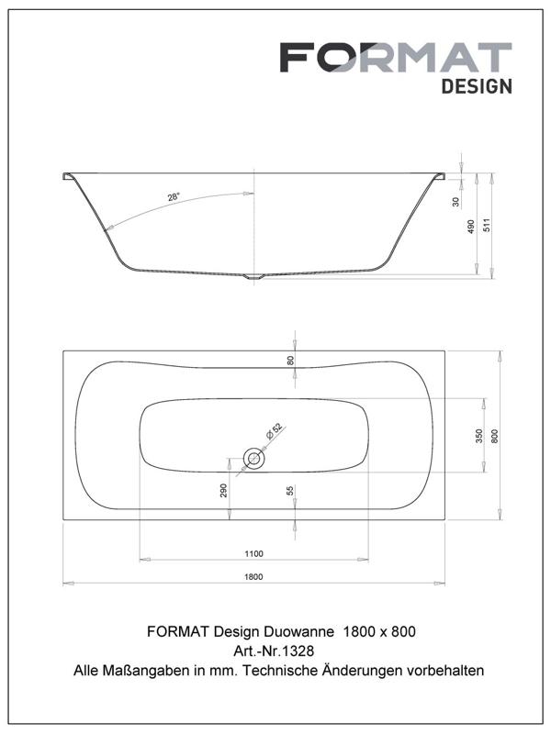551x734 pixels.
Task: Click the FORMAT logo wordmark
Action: (396, 57)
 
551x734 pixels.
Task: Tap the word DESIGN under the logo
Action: (477, 86)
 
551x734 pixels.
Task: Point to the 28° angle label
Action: (174, 197)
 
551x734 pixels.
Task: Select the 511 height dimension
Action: (488, 226)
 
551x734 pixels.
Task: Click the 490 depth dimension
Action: (471, 227)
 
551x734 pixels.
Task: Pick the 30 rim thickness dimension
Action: (456, 202)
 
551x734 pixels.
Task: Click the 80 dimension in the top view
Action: (290, 361)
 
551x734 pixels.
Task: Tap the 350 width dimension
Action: (478, 436)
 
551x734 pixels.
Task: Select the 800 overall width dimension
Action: (495, 436)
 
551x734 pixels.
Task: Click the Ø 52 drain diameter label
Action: (274, 430)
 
